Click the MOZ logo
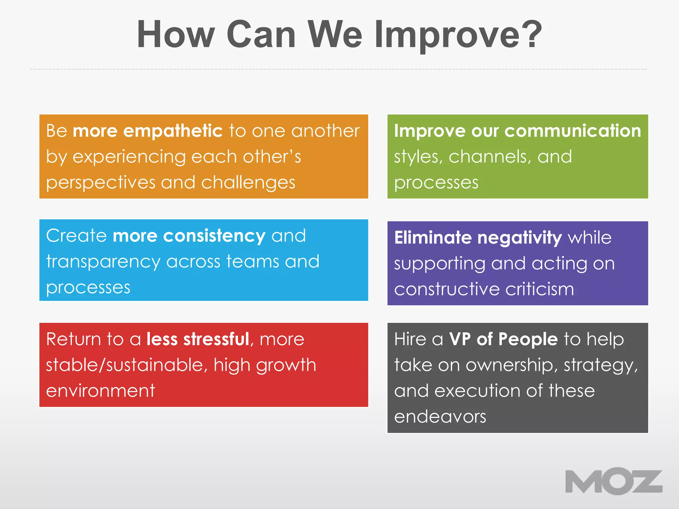point(613,481)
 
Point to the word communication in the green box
point(573,131)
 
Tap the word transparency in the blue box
point(103,262)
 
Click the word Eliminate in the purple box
point(433,238)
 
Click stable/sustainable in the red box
point(127,365)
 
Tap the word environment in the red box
point(100,391)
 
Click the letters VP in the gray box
point(460,339)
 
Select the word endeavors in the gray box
point(440,417)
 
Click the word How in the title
point(176,34)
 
